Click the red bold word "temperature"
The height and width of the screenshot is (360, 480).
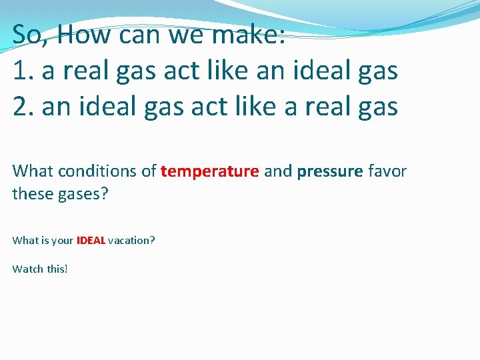[x=209, y=171]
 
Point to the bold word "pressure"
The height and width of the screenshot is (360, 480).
[x=331, y=171]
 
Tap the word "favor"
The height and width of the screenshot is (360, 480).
[x=387, y=171]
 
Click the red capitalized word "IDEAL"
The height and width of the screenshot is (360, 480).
[x=91, y=240]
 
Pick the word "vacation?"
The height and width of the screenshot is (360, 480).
[x=131, y=240]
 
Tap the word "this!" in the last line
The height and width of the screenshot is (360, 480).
[x=57, y=269]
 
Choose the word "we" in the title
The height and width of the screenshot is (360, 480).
[x=193, y=34]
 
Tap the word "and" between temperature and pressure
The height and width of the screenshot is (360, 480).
[x=278, y=171]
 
